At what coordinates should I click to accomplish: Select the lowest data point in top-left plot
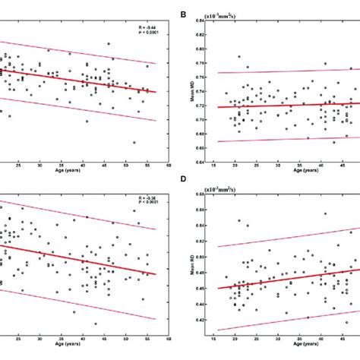pos(134,142)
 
